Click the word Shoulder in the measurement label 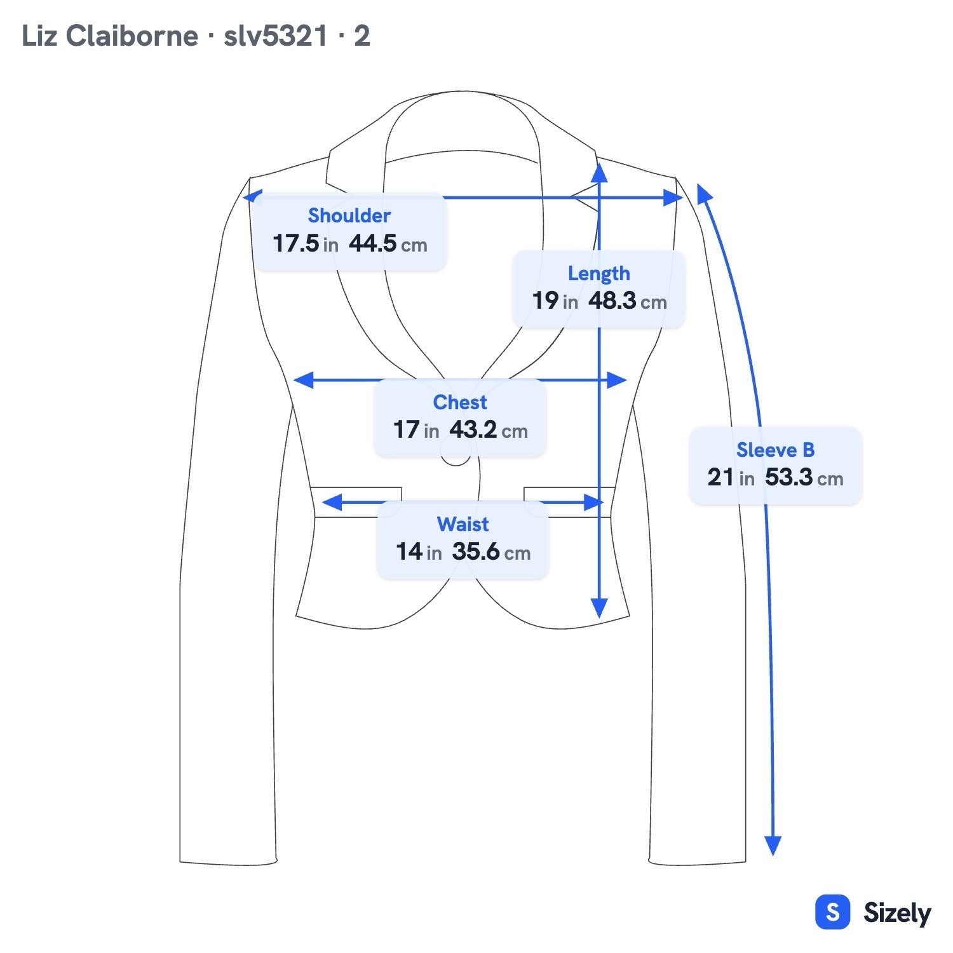click(x=349, y=216)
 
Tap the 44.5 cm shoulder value click(x=388, y=243)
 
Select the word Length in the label click(x=599, y=274)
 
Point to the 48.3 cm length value click(x=628, y=301)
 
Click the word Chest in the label click(x=460, y=402)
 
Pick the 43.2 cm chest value click(x=489, y=430)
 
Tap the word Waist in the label click(x=463, y=524)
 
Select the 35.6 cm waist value click(x=491, y=551)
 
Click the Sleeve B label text click(x=775, y=450)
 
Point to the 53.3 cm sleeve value click(x=804, y=477)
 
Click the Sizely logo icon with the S click(x=832, y=912)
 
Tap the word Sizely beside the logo click(x=897, y=913)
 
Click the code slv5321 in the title click(x=275, y=36)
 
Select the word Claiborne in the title click(x=132, y=36)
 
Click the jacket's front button click(x=456, y=459)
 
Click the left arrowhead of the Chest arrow click(x=303, y=381)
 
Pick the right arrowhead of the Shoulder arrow click(x=673, y=198)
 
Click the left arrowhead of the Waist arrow click(x=332, y=503)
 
